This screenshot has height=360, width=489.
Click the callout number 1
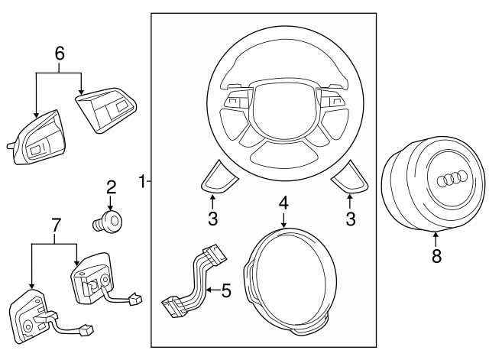[x=141, y=182]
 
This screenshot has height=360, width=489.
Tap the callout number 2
[x=111, y=186]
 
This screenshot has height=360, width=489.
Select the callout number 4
[x=283, y=203]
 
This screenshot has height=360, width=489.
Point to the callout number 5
[x=225, y=290]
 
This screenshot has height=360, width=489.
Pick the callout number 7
[x=54, y=225]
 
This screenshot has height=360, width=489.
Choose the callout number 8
[x=436, y=257]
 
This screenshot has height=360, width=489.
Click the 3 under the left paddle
[x=213, y=220]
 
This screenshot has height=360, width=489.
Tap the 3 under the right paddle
[x=351, y=220]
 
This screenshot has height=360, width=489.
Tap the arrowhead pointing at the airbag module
[x=436, y=235]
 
